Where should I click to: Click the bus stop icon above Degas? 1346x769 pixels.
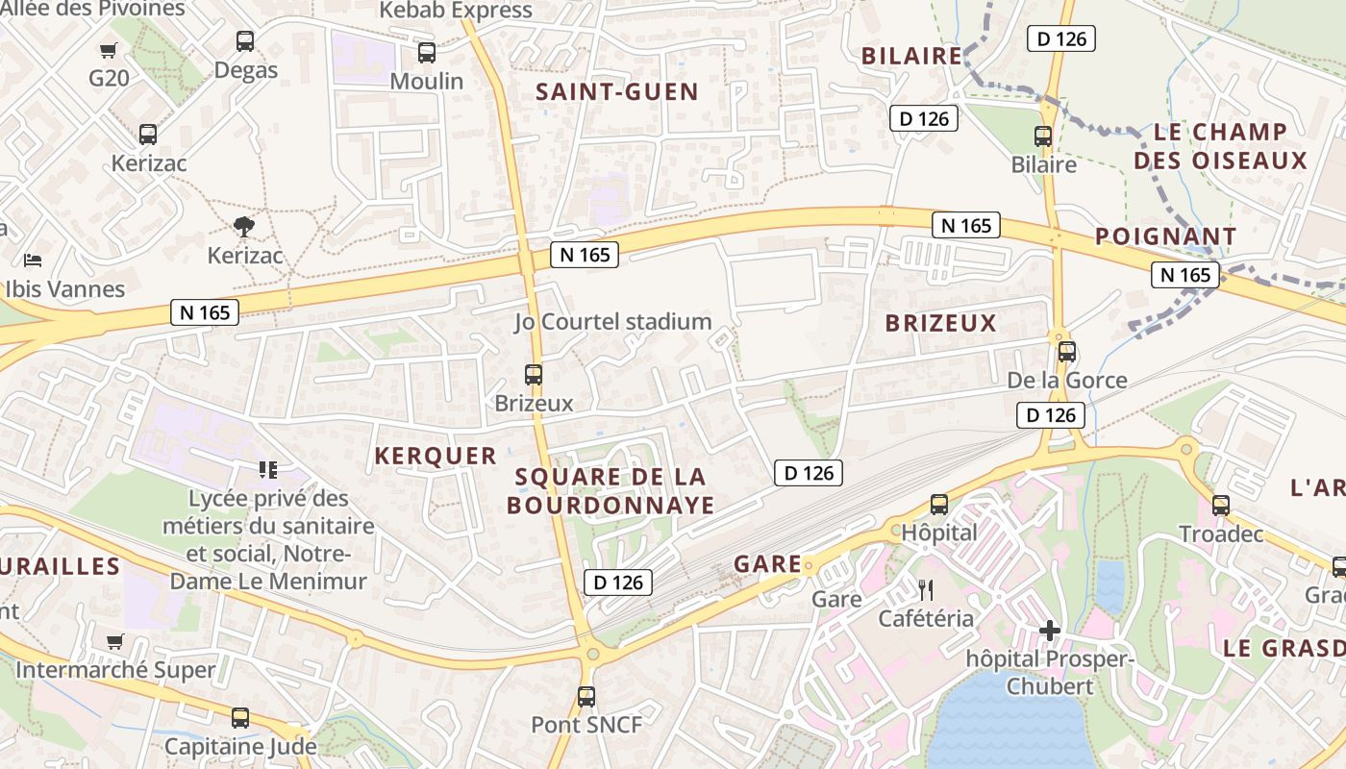click(x=245, y=41)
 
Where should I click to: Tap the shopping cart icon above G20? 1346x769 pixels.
click(x=109, y=50)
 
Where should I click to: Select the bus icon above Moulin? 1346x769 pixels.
click(x=426, y=53)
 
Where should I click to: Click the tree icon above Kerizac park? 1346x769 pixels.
click(x=245, y=227)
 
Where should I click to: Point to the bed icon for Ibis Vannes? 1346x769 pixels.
click(x=33, y=260)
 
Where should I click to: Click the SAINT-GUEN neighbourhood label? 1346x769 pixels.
click(x=617, y=92)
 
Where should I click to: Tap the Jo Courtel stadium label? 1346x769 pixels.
click(x=613, y=322)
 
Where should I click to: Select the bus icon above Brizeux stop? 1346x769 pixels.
click(x=534, y=375)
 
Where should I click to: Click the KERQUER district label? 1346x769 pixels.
click(x=436, y=457)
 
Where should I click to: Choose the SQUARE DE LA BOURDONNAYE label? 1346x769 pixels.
click(x=611, y=491)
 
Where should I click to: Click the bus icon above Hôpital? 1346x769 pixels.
click(x=939, y=505)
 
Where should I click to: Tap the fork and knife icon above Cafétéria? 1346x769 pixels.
click(x=926, y=590)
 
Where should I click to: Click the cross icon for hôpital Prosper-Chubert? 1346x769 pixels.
click(x=1050, y=632)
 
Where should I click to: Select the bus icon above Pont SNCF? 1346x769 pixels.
click(x=586, y=697)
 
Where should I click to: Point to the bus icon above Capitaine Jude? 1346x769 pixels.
click(x=240, y=718)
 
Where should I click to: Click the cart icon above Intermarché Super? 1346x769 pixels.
click(x=115, y=641)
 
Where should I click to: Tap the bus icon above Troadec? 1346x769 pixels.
click(x=1221, y=506)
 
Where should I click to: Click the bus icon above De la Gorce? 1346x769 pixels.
click(x=1066, y=352)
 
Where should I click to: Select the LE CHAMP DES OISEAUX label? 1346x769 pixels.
click(x=1221, y=146)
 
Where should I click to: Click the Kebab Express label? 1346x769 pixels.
click(x=457, y=11)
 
